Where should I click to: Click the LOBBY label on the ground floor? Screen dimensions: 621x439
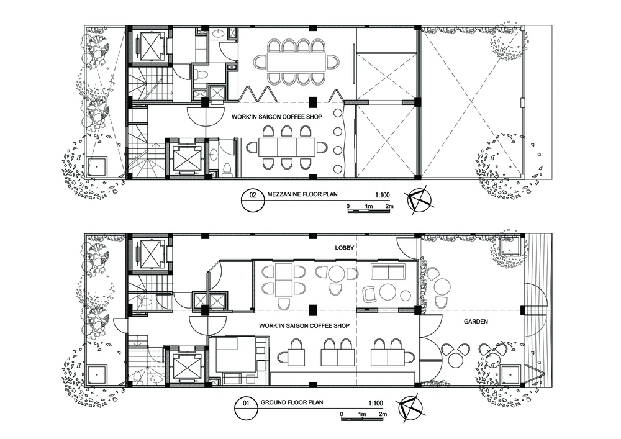coord(345,248)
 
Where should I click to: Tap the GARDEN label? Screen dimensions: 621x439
coord(476,322)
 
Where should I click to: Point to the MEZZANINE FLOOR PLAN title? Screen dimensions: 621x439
coord(302,194)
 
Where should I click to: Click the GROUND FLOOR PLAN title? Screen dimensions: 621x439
coord(292,402)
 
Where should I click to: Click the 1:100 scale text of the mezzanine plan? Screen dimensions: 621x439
coord(382,195)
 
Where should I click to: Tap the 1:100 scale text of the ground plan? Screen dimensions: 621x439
coord(376,403)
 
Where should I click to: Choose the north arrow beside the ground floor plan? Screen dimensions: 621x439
coord(411,408)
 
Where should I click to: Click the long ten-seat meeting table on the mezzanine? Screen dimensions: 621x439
coord(296,61)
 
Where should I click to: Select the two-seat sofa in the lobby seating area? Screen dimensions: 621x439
coord(388,272)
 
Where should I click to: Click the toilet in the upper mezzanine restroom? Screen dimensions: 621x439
coord(201,74)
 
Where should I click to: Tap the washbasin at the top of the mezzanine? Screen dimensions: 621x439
coord(218,34)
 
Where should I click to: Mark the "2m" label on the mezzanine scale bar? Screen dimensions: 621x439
coord(390,206)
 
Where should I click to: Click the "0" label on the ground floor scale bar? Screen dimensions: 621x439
coord(342,414)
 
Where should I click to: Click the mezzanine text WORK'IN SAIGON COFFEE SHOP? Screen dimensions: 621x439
coord(277,117)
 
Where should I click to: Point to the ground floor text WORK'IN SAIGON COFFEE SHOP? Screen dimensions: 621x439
coord(304,325)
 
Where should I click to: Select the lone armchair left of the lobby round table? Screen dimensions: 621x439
coord(369,293)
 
